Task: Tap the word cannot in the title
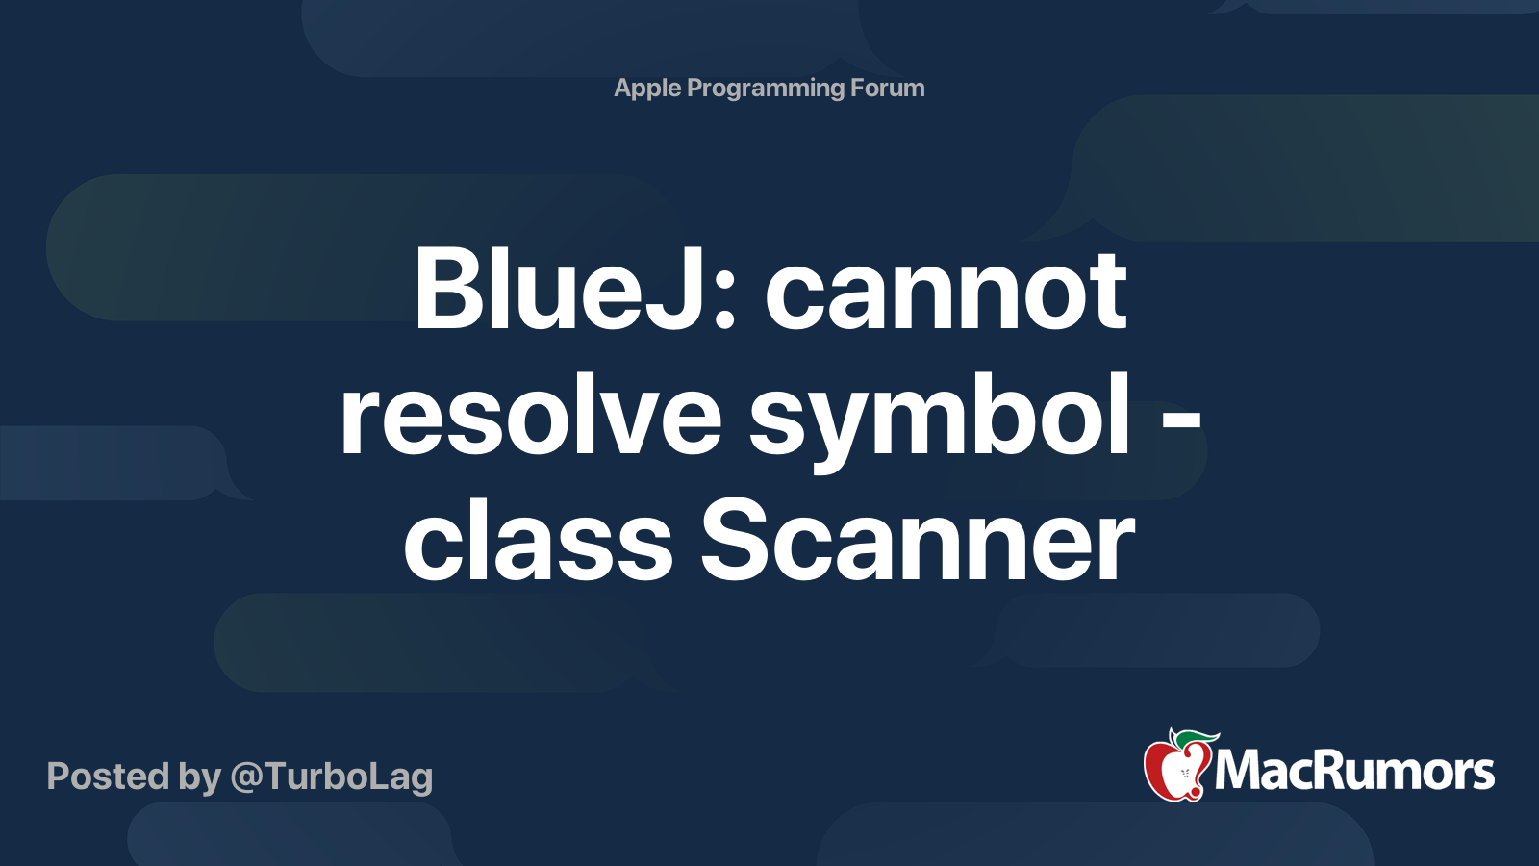(946, 293)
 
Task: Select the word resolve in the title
(531, 415)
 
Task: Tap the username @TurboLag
(332, 777)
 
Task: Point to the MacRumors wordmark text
(1354, 772)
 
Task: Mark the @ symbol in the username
(248, 778)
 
